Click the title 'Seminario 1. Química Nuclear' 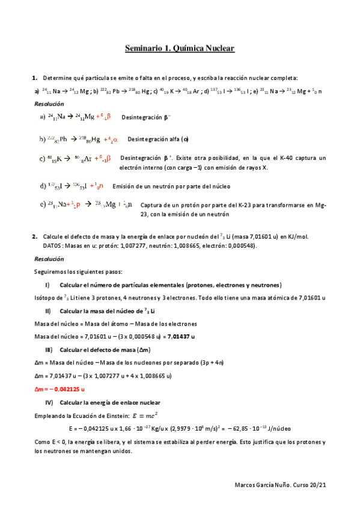[x=179, y=49]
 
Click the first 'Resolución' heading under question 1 [x=49, y=103]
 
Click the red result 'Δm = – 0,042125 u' [x=59, y=389]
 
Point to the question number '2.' [x=35, y=236]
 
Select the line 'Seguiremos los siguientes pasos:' [x=78, y=271]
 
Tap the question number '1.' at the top [x=35, y=78]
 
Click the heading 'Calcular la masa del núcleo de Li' [x=108, y=310]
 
